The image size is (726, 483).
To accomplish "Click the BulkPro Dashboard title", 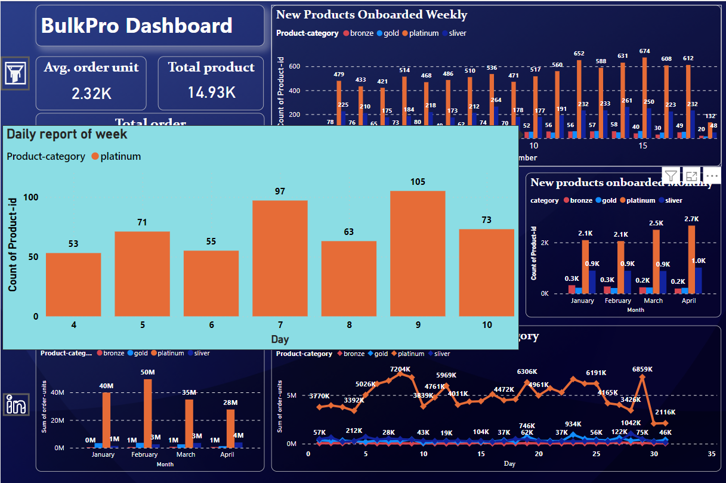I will click(137, 26).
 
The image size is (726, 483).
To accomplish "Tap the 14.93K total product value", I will click(211, 92).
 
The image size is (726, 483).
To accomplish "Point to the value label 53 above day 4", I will click(73, 243).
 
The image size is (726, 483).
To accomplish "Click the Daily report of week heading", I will click(67, 134).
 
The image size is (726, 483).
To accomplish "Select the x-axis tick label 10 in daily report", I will click(487, 325).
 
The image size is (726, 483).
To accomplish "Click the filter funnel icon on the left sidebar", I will click(14, 74).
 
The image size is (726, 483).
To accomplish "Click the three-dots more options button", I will click(712, 175).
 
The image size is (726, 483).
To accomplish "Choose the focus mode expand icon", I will click(691, 175).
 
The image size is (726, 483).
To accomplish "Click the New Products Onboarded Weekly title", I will click(372, 15).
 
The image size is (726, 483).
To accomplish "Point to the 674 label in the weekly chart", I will click(644, 52).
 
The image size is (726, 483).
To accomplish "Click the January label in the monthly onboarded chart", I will click(582, 301).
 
